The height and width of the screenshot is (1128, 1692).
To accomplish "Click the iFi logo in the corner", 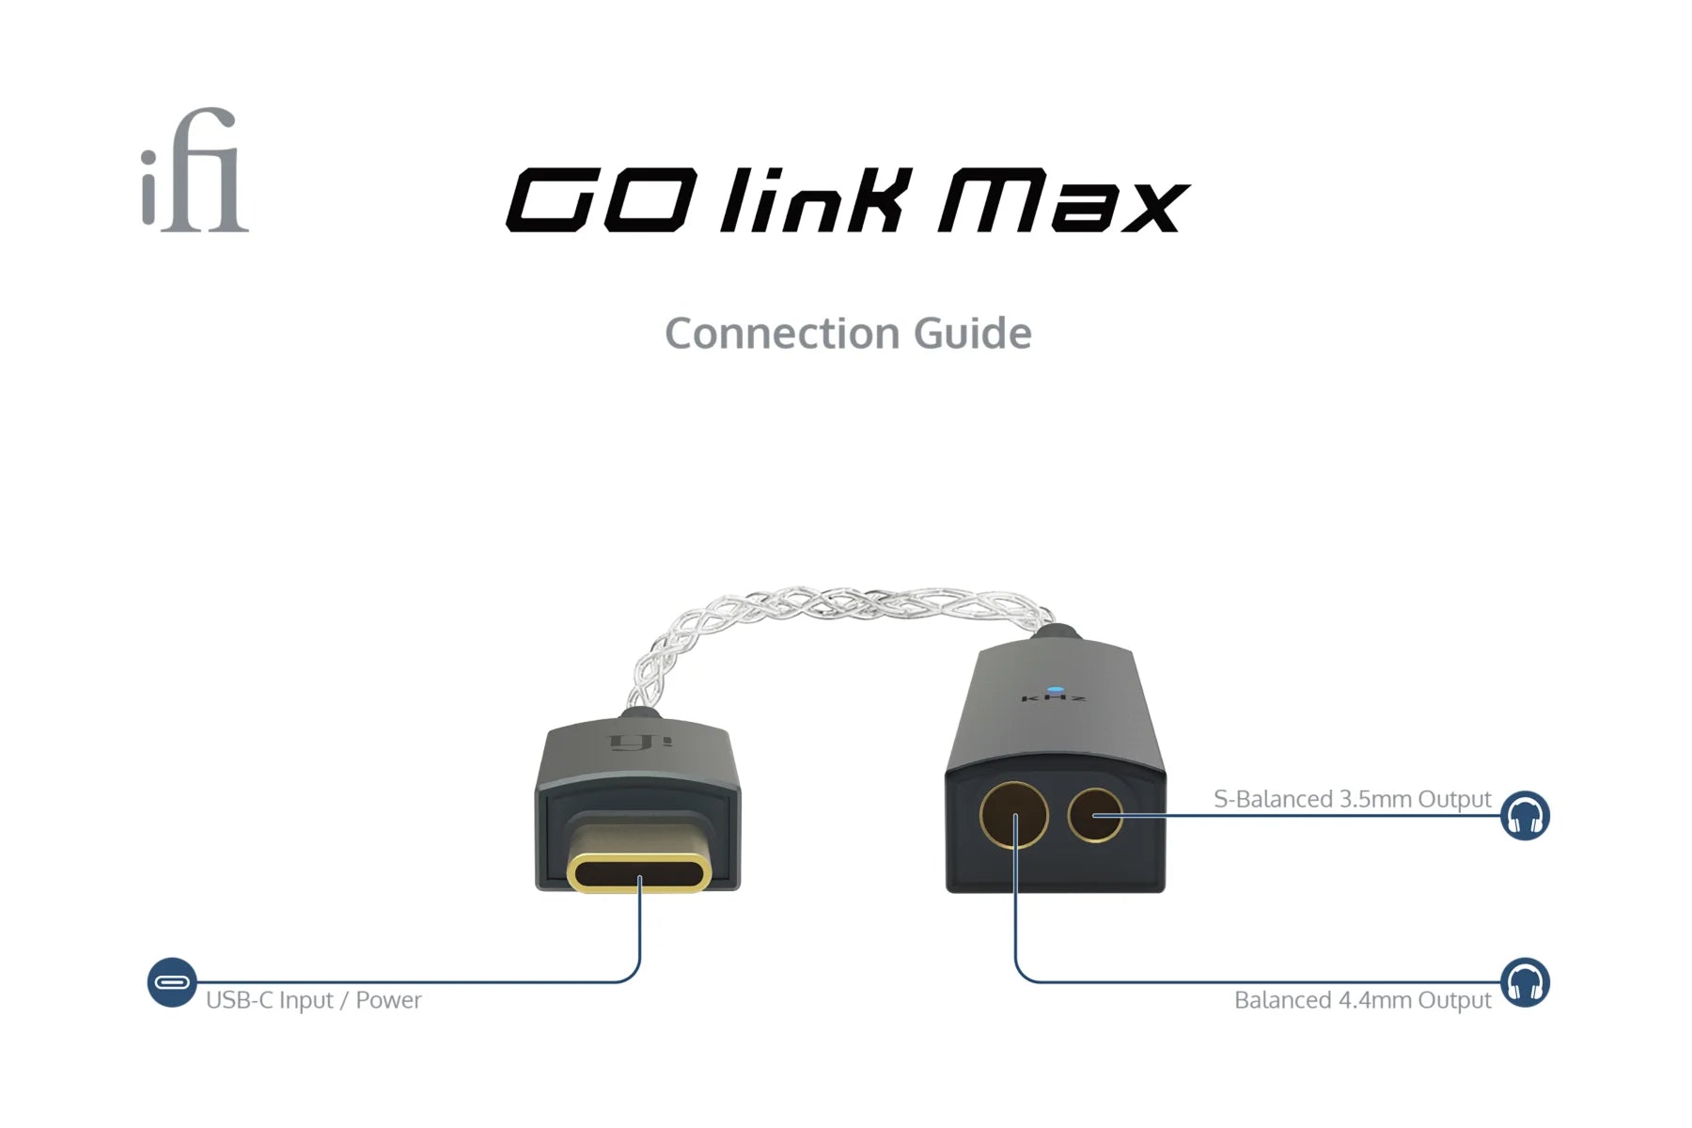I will pos(195,171).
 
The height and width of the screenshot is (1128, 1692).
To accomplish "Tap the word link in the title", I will pos(816,199).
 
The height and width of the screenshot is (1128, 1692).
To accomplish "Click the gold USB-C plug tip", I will pos(639,872).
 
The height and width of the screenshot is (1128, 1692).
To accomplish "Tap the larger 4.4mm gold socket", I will pos(1014,815).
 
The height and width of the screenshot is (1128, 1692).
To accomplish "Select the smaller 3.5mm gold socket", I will pos(1095,815).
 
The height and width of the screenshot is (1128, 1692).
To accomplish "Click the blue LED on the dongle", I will pos(1056,689).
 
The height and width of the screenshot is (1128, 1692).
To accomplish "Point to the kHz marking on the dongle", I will pos(1054,699).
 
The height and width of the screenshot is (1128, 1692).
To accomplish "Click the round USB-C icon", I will pos(172,982).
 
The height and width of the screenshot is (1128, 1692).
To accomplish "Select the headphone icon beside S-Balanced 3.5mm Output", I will pos(1524,815).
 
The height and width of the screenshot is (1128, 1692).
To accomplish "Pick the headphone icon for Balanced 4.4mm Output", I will pos(1524,982).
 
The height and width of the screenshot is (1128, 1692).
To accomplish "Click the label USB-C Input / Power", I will pos(313,1000).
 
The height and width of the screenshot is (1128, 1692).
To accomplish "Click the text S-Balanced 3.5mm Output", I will pos(1352,799).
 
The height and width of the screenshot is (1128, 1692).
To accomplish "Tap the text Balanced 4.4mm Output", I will pos(1362,1000).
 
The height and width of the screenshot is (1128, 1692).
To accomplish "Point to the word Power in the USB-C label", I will pos(388,1000).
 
